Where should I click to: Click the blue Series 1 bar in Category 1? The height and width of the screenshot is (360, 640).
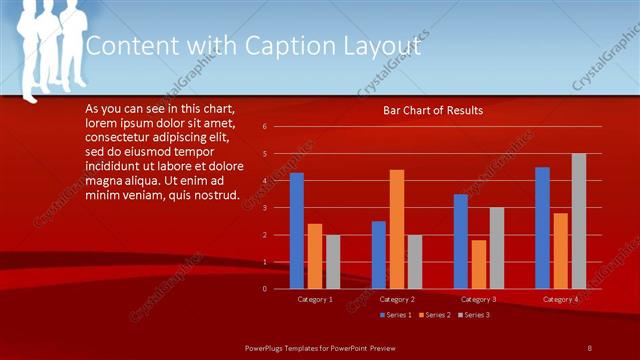[x=296, y=231]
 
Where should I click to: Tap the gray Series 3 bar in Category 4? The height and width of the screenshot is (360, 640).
[x=579, y=221]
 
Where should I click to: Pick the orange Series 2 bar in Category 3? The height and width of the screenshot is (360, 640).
[x=479, y=264]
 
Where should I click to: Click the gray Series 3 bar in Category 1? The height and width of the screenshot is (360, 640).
[x=333, y=262]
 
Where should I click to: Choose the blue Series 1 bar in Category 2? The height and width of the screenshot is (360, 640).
[x=379, y=255]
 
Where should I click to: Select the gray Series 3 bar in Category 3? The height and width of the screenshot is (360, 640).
[x=497, y=248]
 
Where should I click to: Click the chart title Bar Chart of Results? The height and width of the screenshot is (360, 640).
[x=433, y=110]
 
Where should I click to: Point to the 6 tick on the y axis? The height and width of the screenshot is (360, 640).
[x=264, y=127]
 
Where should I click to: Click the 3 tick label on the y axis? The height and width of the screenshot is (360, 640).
[x=264, y=208]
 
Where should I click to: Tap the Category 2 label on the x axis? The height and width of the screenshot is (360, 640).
[x=397, y=299]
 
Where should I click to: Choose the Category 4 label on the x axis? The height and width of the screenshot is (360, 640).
[x=560, y=299]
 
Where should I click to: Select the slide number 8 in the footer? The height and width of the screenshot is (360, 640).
[x=589, y=346]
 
